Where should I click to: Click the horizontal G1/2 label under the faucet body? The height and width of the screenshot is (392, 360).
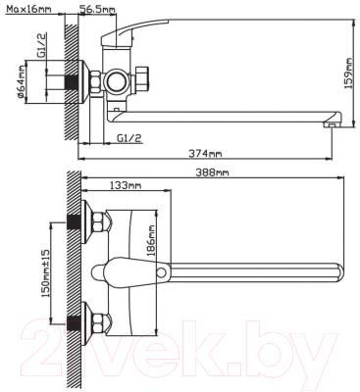[129, 138]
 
